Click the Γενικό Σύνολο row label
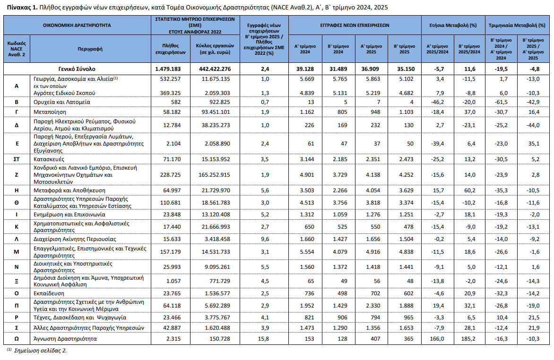(77, 69)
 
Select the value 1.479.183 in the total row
(168, 69)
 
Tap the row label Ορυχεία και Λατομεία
(61, 102)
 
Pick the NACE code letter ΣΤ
(17, 159)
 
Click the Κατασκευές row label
(49, 159)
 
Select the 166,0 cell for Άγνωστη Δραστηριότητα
(437, 339)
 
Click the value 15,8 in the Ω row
(264, 339)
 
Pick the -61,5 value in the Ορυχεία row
(502, 102)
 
